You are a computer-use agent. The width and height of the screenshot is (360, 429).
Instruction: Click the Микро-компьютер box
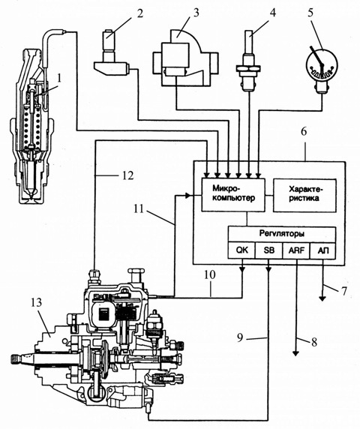(x=233, y=194)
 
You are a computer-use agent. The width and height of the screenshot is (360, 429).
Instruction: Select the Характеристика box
(x=304, y=195)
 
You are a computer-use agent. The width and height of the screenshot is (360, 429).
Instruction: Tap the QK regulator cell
(x=241, y=250)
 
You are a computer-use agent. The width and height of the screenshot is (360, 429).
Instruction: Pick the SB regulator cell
(x=268, y=250)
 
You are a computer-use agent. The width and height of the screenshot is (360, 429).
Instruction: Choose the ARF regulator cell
(x=296, y=250)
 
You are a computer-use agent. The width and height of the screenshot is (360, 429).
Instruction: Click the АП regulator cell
(x=322, y=250)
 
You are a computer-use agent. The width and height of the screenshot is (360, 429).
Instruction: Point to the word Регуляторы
(x=282, y=234)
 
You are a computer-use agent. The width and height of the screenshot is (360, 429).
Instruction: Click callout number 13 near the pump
(x=37, y=302)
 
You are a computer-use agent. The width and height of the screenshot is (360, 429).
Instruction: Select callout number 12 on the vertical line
(x=127, y=175)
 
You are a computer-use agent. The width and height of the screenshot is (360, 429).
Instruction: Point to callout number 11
(x=139, y=209)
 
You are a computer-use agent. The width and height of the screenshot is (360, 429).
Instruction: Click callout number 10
(x=210, y=274)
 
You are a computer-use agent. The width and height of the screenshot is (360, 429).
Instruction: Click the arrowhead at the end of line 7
(x=322, y=298)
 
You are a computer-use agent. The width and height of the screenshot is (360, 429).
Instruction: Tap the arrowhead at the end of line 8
(x=295, y=353)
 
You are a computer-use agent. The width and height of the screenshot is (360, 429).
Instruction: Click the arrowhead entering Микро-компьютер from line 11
(x=187, y=195)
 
